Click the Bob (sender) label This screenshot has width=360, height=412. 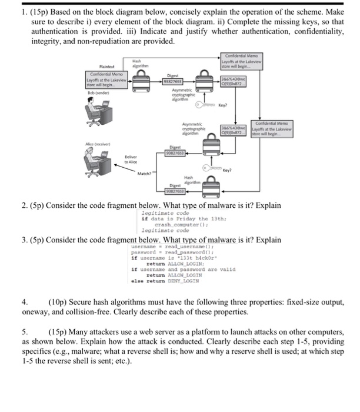pos(98,94)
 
